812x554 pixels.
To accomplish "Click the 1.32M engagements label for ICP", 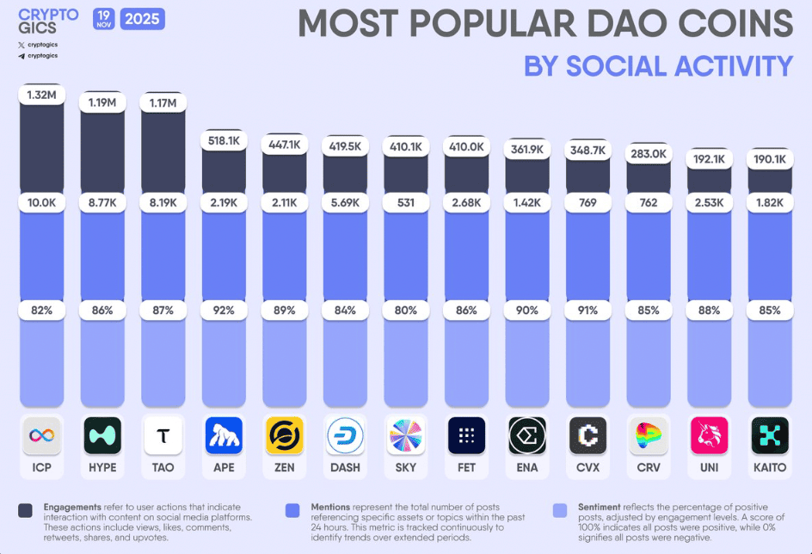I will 42,95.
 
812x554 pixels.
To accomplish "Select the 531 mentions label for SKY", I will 405,203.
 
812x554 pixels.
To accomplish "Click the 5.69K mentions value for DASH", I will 345,203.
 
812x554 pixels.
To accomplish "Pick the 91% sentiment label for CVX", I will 587,310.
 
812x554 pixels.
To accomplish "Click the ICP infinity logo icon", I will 42,435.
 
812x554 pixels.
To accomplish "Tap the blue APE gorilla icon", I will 224,435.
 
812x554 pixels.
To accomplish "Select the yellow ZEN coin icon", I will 284,435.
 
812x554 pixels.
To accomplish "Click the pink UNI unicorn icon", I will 709,435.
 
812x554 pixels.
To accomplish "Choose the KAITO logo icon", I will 769,435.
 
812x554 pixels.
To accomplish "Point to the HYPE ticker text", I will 102,468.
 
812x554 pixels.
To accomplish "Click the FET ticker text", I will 466,468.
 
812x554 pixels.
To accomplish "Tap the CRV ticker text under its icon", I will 648,468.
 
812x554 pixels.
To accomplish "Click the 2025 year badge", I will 143,18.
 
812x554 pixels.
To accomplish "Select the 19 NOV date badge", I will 103,18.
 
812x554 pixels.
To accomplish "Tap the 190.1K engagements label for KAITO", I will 769,159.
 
